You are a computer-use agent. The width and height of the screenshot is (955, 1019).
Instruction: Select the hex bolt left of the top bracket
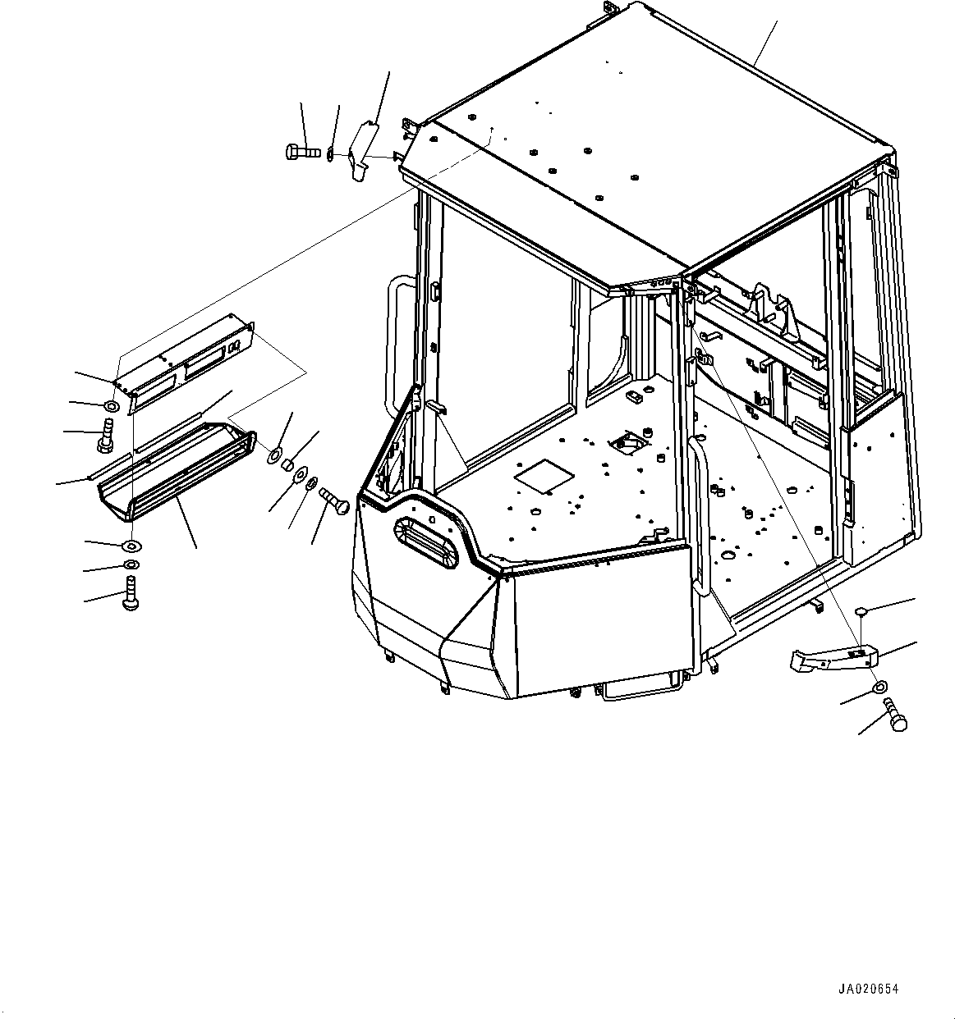point(302,152)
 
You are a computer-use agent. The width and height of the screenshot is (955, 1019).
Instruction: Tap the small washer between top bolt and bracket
point(330,154)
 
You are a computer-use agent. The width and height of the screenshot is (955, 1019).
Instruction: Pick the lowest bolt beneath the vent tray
point(131,592)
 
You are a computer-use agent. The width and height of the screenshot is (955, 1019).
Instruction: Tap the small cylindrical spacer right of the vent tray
point(289,465)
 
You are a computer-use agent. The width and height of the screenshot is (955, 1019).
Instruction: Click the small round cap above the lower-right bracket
point(861,611)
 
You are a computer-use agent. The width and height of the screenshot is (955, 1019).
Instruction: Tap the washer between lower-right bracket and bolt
point(879,686)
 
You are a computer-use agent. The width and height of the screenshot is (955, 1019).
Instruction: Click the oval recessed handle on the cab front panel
point(425,543)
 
